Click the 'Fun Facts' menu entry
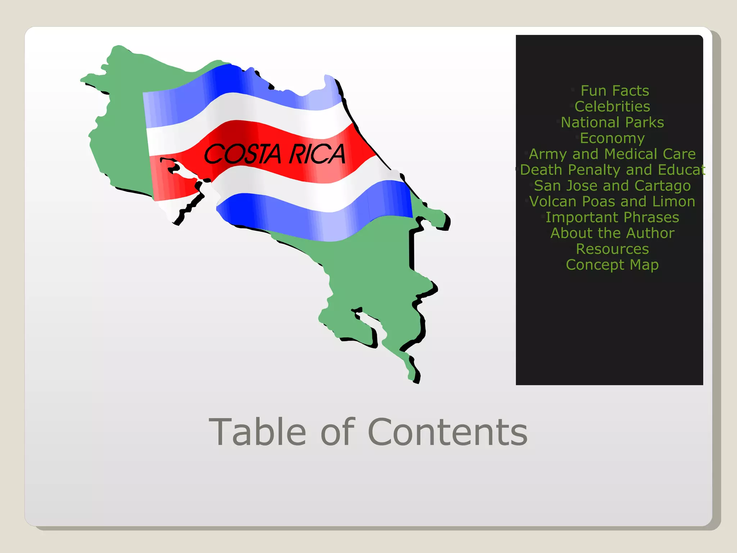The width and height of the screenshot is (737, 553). coord(614,91)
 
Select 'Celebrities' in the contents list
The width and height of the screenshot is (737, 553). coord(612,107)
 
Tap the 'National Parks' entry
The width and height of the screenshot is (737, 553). coord(612,122)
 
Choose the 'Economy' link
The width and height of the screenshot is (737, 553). coord(612,138)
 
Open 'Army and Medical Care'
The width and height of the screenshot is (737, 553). coord(612,154)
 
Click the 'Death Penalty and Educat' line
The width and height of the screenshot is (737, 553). coord(612,170)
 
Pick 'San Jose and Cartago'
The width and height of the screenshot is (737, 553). coord(612,186)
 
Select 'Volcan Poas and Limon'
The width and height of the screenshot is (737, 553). coord(612,202)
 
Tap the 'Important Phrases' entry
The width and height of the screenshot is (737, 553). coord(612,217)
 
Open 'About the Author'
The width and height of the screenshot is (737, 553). coord(612,233)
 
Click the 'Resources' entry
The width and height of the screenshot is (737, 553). coord(612,249)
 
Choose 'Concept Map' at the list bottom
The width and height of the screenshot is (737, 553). coord(612,265)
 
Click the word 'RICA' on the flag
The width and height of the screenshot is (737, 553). coord(317,154)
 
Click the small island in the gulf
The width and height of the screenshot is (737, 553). coord(176,167)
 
